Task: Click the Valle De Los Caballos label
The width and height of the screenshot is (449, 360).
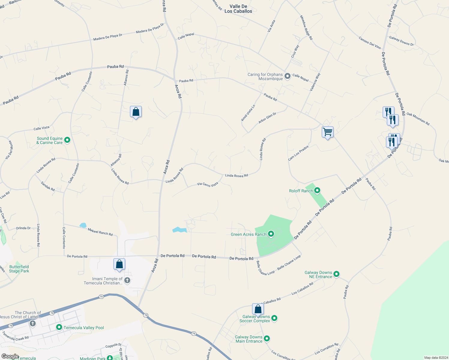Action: [x=238, y=9]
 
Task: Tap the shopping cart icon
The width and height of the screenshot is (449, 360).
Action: [x=327, y=132]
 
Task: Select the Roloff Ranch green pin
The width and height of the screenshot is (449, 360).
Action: [x=317, y=191]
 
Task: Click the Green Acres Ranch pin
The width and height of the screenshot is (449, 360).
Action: [x=271, y=234]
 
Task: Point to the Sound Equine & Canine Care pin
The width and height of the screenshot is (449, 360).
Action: [x=67, y=140]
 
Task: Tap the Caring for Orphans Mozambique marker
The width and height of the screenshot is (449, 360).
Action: [x=287, y=76]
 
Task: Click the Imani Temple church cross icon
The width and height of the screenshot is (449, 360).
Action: [x=127, y=281]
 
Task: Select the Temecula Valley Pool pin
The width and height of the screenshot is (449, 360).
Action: [x=59, y=327]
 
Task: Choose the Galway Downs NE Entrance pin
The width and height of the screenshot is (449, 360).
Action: [x=336, y=274]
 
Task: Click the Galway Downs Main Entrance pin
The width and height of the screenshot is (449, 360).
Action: [x=267, y=339]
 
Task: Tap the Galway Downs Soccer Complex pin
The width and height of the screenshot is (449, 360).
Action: [x=274, y=318]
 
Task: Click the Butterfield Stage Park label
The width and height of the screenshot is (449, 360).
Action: [x=19, y=269]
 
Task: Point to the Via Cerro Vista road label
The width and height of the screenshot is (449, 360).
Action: [x=207, y=184]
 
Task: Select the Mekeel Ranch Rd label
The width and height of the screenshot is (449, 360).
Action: [x=100, y=232]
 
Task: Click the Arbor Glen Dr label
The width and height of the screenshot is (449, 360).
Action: [x=267, y=118]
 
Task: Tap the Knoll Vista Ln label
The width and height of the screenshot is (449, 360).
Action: [x=248, y=113]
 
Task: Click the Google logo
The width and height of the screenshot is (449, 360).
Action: [x=10, y=356]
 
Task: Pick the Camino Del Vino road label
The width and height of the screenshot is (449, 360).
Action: [x=369, y=43]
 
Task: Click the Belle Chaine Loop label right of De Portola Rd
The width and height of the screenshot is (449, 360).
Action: [x=289, y=262]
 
